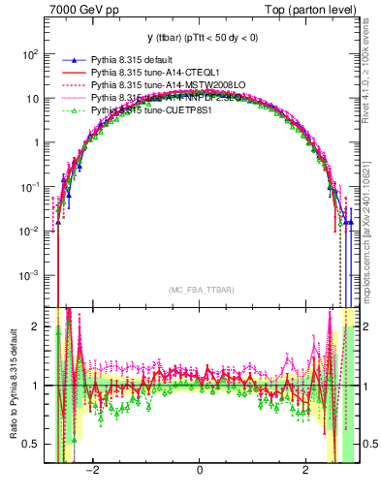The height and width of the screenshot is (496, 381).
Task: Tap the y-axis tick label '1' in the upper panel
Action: [35, 142]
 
